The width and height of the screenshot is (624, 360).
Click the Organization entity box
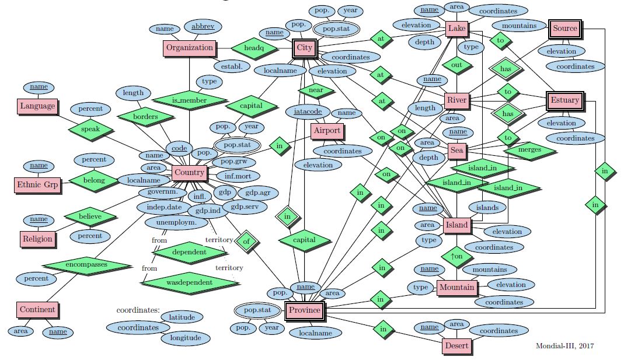(x=189, y=48)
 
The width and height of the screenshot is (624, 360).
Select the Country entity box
(x=189, y=173)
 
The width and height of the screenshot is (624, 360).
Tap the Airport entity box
(x=327, y=131)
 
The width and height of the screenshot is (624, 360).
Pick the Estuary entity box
(x=565, y=100)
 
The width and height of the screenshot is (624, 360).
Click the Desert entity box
(x=456, y=346)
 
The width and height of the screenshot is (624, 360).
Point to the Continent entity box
(x=37, y=310)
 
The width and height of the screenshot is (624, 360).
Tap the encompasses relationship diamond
(x=87, y=264)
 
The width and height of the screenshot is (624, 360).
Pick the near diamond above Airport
(x=316, y=90)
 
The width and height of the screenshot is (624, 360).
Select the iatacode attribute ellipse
(x=308, y=111)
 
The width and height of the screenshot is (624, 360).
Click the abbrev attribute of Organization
(x=203, y=26)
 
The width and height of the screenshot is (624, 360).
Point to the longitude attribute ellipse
(x=186, y=338)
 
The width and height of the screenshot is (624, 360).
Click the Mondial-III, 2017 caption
(x=564, y=346)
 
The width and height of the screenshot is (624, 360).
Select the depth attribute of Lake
(x=425, y=41)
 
